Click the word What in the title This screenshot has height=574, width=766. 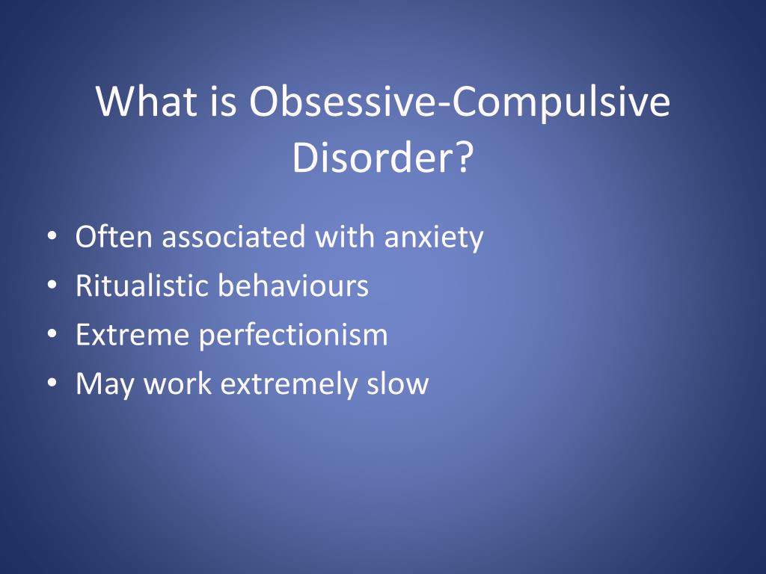pyautogui.click(x=147, y=101)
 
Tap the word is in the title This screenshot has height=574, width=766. pyautogui.click(x=224, y=101)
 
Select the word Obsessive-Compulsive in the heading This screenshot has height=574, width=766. pyautogui.click(x=460, y=103)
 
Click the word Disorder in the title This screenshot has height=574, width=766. pyautogui.click(x=374, y=157)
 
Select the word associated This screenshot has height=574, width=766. pyautogui.click(x=233, y=237)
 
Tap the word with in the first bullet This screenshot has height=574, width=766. pyautogui.click(x=345, y=236)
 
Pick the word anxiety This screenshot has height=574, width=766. pyautogui.click(x=434, y=238)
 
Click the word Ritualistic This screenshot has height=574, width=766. pyautogui.click(x=142, y=286)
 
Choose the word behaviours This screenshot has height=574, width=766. pyautogui.click(x=293, y=286)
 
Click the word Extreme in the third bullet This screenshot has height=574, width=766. pyautogui.click(x=132, y=335)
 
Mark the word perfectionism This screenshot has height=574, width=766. pyautogui.click(x=293, y=336)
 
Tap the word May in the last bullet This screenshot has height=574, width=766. pyautogui.click(x=105, y=385)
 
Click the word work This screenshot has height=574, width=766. pyautogui.click(x=177, y=383)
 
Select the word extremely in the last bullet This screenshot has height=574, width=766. pyautogui.click(x=289, y=385)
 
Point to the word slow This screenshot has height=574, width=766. pyautogui.click(x=398, y=383)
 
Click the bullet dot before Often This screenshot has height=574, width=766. pyautogui.click(x=52, y=237)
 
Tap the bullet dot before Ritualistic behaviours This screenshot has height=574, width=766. pyautogui.click(x=52, y=286)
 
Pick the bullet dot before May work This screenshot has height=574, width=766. pyautogui.click(x=52, y=383)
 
